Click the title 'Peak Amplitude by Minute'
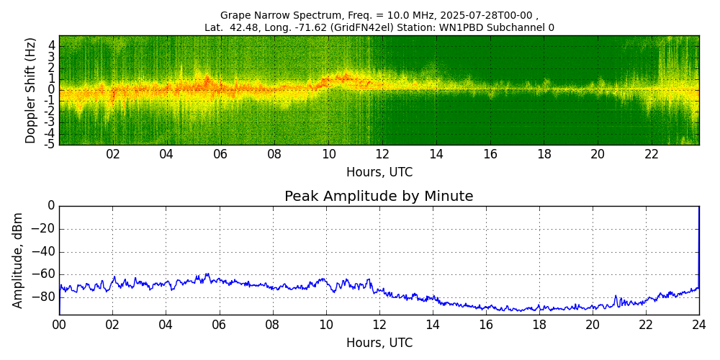point(379,197)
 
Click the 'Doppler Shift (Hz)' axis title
point(30,90)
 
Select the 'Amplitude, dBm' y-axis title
point(18,260)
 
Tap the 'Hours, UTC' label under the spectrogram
point(379,173)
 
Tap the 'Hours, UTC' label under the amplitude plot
point(379,343)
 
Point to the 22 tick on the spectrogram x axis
point(652,154)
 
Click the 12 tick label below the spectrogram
point(382,154)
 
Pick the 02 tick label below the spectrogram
point(113,154)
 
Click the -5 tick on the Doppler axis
point(51,144)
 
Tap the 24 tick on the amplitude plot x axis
point(698,324)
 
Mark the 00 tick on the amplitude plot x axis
point(59,324)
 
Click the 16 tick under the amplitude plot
point(486,324)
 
